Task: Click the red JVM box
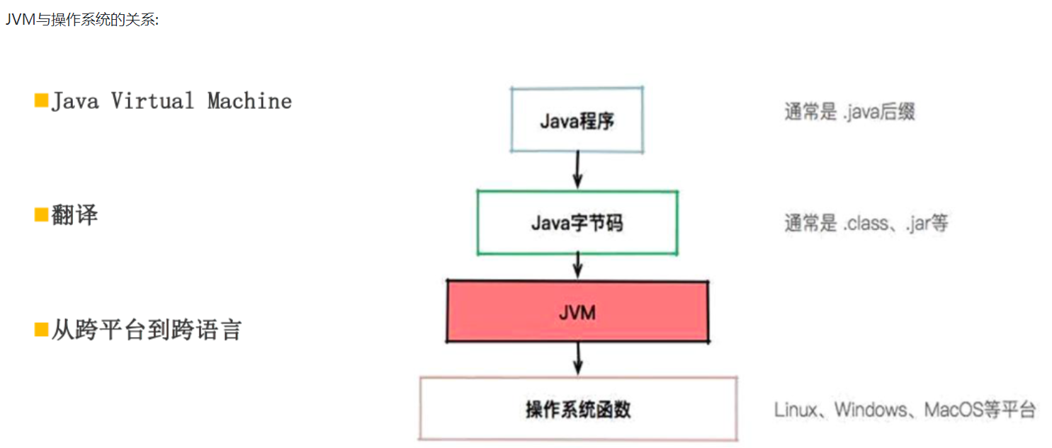[x=577, y=311]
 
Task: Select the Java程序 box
[x=577, y=120]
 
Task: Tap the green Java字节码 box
[x=577, y=223]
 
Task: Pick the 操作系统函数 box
[x=577, y=409]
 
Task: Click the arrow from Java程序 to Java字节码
[x=577, y=171]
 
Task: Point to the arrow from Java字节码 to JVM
[x=577, y=266]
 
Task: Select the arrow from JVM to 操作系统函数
[x=578, y=358]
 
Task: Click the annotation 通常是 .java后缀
[x=849, y=112]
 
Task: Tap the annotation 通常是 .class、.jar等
[x=866, y=224]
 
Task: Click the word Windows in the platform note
[x=870, y=409]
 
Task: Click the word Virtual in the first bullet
[x=152, y=100]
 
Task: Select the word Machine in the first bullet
[x=249, y=100]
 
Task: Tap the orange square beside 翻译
[x=41, y=214]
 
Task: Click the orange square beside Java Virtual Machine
[x=41, y=100]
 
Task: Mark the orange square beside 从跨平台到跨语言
[x=41, y=329]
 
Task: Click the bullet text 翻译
[x=74, y=214]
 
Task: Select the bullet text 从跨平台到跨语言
[x=146, y=330]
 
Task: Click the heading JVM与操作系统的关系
[x=82, y=19]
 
